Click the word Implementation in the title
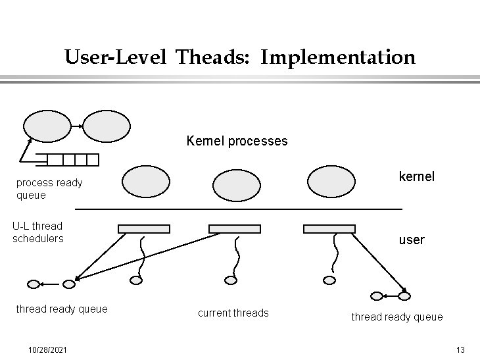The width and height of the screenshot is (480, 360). [338, 58]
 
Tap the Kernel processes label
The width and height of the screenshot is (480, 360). [237, 141]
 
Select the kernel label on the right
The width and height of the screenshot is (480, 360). [417, 177]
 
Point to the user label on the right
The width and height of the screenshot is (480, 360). [412, 240]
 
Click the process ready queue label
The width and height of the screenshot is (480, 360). [49, 189]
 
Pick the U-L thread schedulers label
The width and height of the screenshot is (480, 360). [38, 232]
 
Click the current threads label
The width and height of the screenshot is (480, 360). [233, 313]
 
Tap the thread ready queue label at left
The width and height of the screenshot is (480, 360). [62, 309]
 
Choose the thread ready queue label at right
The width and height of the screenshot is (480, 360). [397, 317]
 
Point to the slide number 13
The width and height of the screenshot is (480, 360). [460, 348]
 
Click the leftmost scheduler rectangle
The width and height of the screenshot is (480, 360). [143, 229]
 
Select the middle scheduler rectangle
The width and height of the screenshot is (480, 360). [235, 229]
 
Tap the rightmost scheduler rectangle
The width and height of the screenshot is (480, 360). [329, 229]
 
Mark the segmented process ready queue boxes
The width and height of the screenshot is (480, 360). [73, 160]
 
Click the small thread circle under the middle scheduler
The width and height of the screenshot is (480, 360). [230, 280]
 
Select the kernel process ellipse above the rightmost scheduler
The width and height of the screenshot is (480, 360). [331, 181]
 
